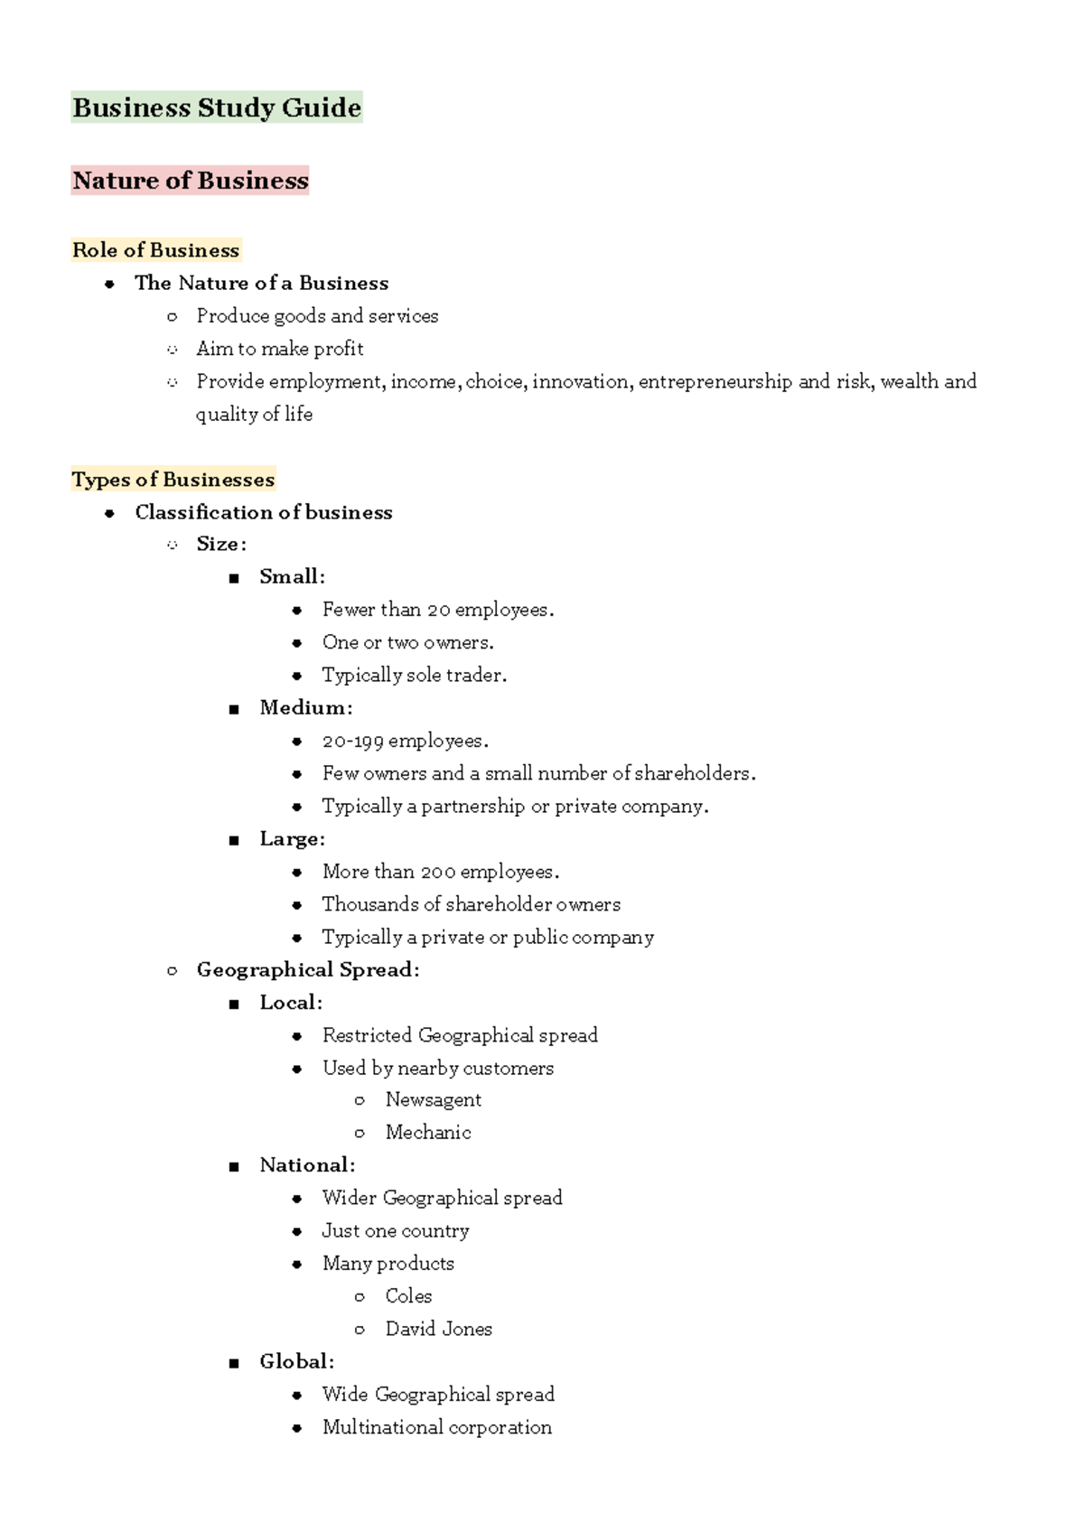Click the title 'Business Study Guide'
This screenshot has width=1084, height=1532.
point(217,107)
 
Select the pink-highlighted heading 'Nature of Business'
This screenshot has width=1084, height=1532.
point(191,181)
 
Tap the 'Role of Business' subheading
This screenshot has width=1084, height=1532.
point(155,250)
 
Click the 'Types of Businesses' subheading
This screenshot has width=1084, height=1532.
point(173,480)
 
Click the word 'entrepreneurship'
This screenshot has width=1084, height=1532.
point(715,381)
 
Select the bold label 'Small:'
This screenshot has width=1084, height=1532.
point(292,576)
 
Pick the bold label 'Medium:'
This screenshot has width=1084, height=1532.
point(305,707)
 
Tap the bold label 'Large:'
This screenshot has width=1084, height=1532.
point(292,838)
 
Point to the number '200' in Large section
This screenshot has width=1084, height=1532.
point(437,872)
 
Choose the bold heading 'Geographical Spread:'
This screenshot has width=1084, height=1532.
point(308,969)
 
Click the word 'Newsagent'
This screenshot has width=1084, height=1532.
point(433,1099)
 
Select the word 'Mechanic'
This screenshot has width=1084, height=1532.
point(428,1132)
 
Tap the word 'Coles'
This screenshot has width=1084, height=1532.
point(408,1295)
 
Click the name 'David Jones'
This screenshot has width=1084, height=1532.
point(438,1329)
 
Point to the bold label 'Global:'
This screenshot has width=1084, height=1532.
point(296,1361)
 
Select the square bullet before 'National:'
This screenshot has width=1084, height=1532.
point(234,1166)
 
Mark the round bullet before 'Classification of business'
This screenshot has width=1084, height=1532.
point(109,513)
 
